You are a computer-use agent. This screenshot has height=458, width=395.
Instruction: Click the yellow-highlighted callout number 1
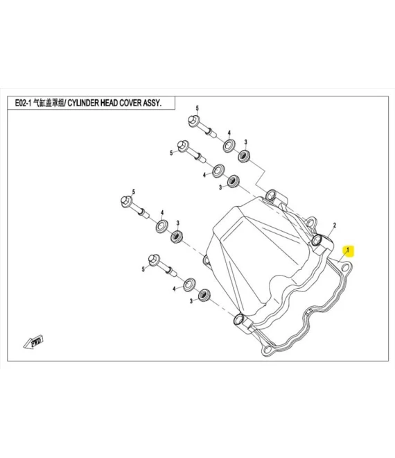(x=347, y=251)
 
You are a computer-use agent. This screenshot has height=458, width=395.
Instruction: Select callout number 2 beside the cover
(x=335, y=226)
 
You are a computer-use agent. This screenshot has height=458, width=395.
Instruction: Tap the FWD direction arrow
(x=33, y=342)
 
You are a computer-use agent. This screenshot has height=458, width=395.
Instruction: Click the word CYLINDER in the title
(x=83, y=103)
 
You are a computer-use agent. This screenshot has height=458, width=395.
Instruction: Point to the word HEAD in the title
(x=109, y=103)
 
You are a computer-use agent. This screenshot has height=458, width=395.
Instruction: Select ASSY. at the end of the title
(x=152, y=103)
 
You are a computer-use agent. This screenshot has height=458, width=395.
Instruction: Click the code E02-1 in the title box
(x=23, y=103)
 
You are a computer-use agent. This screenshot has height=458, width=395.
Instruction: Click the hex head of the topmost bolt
(x=194, y=121)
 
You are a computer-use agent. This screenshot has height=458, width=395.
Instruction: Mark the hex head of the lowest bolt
(x=154, y=260)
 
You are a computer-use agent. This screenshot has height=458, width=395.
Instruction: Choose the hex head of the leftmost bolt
(x=126, y=201)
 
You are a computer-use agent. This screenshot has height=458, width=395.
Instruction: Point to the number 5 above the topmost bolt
(x=197, y=108)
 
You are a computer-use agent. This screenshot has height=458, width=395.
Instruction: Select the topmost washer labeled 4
(x=229, y=146)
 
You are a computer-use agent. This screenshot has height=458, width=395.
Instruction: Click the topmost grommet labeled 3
(x=244, y=156)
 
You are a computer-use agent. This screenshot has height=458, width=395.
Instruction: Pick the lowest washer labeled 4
(x=190, y=285)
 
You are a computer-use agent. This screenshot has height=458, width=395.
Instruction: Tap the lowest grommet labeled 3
(x=204, y=295)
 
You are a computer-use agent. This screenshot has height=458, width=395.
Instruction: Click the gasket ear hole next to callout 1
(x=346, y=267)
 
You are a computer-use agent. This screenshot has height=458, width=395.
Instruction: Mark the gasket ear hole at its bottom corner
(x=267, y=349)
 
